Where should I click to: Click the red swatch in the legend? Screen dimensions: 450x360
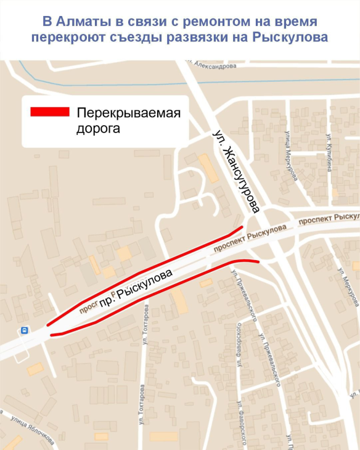coord(50,112)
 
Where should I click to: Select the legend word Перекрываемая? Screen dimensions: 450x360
coord(128,113)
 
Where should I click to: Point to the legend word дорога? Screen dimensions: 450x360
coord(98,129)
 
